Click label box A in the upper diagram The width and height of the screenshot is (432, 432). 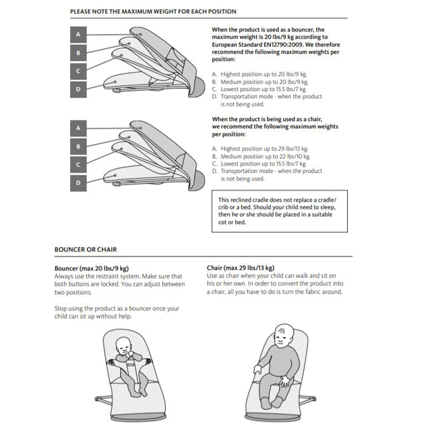click(78, 34)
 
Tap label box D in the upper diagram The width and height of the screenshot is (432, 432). click(78, 89)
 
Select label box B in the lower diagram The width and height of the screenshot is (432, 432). click(78, 146)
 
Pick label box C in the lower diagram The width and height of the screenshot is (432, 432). click(78, 165)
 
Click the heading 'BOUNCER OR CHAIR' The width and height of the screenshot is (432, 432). click(86, 249)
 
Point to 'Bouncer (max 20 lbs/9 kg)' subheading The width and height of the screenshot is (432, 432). click(92, 268)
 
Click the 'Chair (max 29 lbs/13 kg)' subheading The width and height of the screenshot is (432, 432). click(240, 268)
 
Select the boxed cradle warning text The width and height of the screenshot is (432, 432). click(279, 211)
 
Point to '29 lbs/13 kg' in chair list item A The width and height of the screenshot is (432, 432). click(292, 148)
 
